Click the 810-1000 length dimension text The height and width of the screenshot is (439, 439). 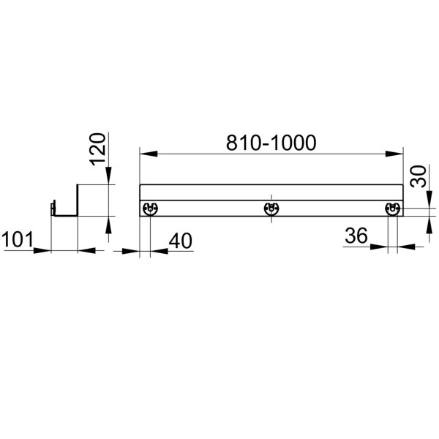coord(271,143)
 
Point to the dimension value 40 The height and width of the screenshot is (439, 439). coord(180,239)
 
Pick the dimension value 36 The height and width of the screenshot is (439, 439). coord(356,236)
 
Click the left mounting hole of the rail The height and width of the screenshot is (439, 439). coord(149,209)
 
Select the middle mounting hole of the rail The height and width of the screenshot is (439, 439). coord(271,209)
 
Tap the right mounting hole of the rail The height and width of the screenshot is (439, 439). coord(393,209)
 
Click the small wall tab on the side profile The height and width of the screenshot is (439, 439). coord(52,209)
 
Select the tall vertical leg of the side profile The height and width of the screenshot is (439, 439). coord(78,200)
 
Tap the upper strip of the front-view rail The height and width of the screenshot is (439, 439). coord(271,192)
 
